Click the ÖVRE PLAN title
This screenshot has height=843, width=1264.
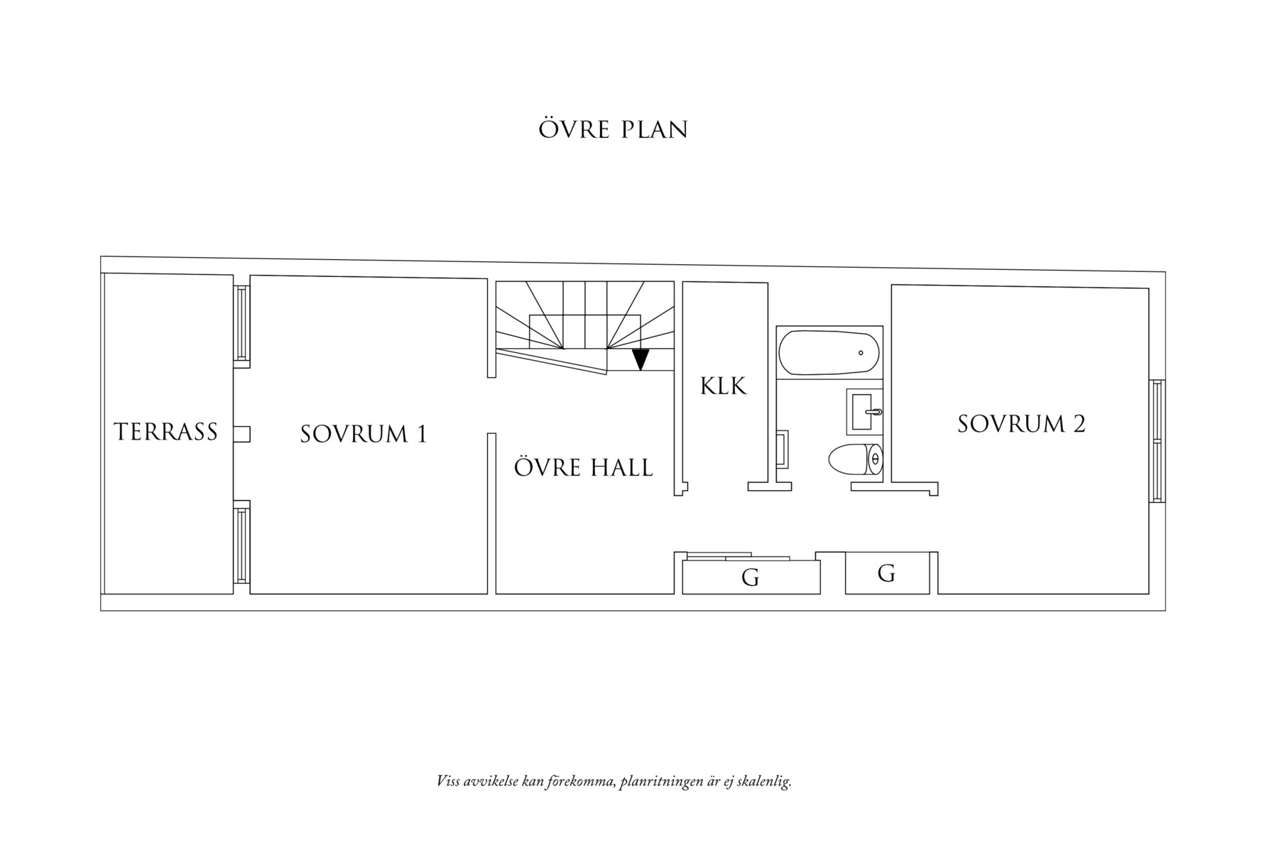(x=613, y=129)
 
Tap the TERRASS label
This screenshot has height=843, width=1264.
(x=165, y=432)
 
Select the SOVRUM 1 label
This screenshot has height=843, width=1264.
(x=364, y=434)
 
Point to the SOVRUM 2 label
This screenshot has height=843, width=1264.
(x=1021, y=424)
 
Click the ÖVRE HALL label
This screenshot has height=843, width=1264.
(x=583, y=468)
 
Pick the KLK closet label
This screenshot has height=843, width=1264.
(x=724, y=386)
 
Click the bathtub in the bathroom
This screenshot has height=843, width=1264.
(x=829, y=352)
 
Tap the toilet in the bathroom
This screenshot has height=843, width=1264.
(x=856, y=459)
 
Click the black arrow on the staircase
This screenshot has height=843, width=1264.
(x=641, y=360)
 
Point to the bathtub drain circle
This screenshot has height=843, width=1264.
(x=861, y=352)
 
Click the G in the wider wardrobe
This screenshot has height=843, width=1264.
(x=750, y=578)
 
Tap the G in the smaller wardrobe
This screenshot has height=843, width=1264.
(x=886, y=573)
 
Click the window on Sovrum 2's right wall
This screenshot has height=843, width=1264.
(x=1157, y=441)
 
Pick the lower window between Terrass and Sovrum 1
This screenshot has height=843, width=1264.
(x=241, y=543)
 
